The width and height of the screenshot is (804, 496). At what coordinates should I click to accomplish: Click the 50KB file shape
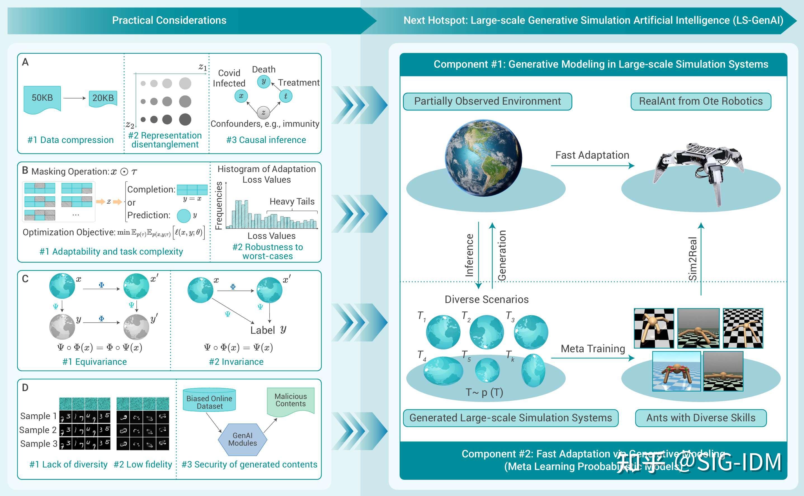(42, 98)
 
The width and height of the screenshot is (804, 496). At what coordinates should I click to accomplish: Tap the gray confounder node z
(263, 112)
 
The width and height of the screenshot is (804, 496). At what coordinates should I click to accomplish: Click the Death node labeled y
(263, 81)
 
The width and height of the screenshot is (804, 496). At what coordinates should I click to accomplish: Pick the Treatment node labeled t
(286, 96)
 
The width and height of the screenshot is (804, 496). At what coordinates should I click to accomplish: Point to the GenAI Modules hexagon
(243, 439)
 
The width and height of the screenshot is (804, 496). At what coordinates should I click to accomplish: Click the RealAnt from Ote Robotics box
(701, 101)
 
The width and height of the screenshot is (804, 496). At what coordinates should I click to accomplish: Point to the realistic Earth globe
(483, 158)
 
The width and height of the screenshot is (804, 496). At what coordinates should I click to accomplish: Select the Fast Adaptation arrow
(592, 166)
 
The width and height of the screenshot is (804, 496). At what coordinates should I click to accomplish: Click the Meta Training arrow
(592, 358)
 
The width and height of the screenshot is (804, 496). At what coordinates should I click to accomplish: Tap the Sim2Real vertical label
(692, 258)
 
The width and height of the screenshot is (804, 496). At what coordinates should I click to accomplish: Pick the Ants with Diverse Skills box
(701, 418)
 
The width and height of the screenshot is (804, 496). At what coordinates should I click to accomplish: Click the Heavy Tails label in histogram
(292, 201)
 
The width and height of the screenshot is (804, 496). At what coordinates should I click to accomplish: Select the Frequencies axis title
(219, 205)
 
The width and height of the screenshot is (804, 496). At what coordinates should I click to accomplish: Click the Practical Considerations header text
(169, 20)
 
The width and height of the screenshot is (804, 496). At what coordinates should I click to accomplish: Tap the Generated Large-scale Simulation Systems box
(511, 418)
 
